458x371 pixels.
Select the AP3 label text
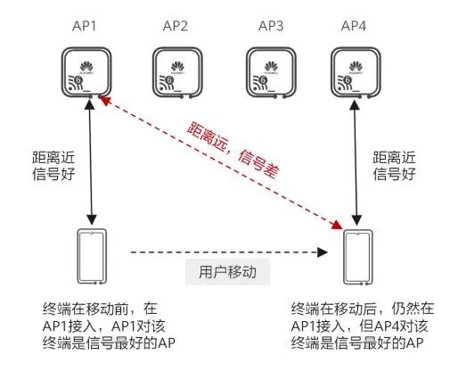(x=269, y=26)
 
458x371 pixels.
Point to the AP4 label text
(x=356, y=26)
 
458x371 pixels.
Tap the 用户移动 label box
(x=221, y=271)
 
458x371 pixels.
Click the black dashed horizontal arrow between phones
(x=223, y=252)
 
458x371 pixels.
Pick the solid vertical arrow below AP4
(x=358, y=161)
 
